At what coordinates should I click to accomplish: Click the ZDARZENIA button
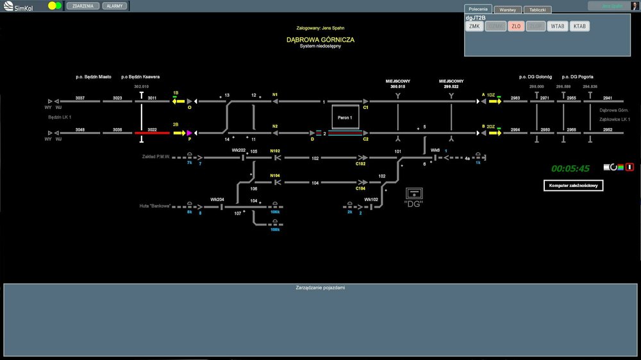tap(83, 5)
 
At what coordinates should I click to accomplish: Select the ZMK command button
tap(474, 26)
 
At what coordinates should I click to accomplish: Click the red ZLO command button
tap(516, 26)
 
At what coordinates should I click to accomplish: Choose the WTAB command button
tap(557, 26)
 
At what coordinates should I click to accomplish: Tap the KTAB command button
tap(579, 26)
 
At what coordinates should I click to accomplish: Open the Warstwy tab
tap(508, 10)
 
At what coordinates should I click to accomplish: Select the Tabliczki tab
tap(537, 10)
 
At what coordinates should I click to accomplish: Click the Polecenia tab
tap(478, 10)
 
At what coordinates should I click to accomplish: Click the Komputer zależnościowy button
tap(574, 186)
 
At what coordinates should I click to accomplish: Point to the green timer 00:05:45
tap(570, 168)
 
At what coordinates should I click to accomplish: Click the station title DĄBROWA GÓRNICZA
tap(320, 40)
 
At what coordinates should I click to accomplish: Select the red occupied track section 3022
tap(152, 133)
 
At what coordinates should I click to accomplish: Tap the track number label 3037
tap(80, 98)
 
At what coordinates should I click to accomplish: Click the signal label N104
tap(275, 175)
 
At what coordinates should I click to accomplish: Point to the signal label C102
tap(361, 164)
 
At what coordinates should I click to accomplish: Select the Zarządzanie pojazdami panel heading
tap(320, 288)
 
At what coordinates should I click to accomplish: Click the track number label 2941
tap(608, 98)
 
